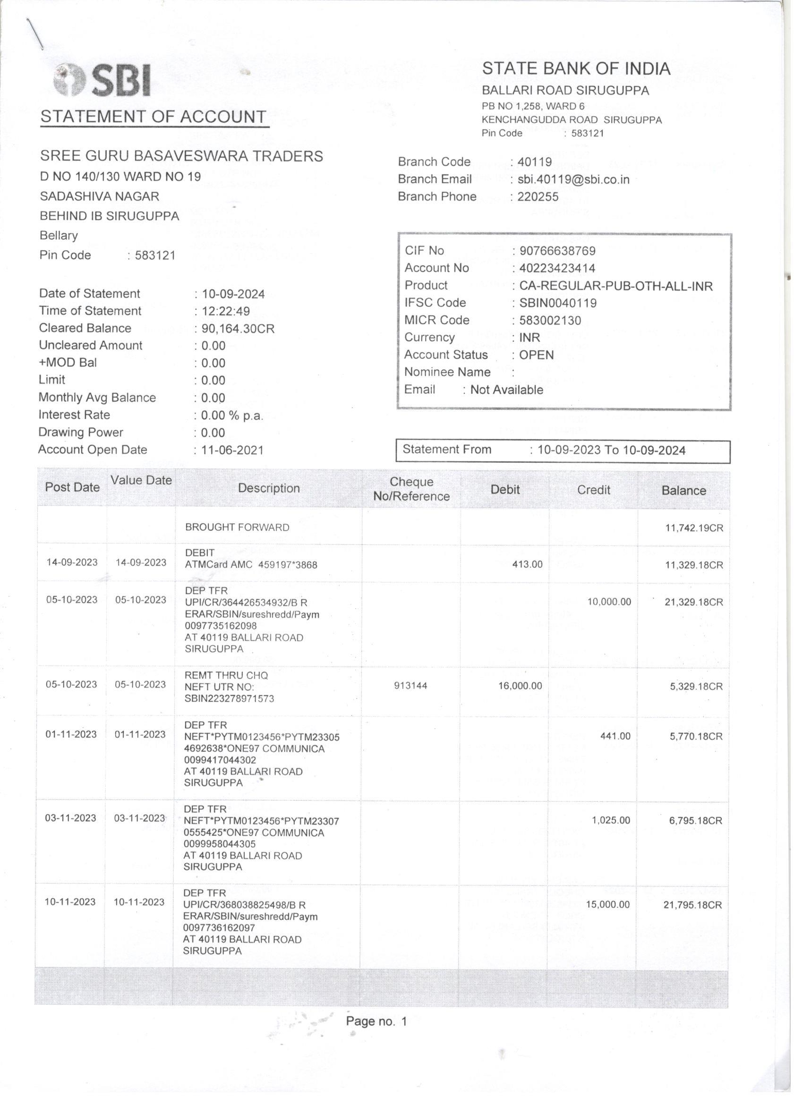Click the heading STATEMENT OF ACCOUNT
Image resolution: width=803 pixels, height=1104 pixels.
tap(154, 117)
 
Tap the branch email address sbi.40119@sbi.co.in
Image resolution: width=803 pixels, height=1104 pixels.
tap(573, 179)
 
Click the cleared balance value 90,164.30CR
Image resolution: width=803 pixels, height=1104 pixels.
tap(238, 329)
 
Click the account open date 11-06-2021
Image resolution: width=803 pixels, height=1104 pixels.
tap(232, 450)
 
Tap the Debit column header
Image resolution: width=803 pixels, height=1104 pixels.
tap(505, 489)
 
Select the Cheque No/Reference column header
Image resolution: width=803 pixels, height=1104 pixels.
tap(411, 489)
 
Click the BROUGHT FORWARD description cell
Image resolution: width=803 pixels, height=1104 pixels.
tap(237, 527)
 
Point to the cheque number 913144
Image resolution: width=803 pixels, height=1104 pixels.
tap(411, 686)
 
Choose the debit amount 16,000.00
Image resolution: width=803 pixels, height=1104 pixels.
tap(520, 686)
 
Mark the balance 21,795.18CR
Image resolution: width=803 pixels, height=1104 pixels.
tap(692, 904)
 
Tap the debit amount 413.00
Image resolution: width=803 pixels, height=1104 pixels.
tap(527, 565)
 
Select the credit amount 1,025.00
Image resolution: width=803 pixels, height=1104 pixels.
tap(611, 820)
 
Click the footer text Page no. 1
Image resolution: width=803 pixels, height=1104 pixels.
tap(376, 1021)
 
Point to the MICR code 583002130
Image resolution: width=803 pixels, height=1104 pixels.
tap(550, 320)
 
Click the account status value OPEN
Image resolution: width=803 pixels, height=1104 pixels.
tap(536, 355)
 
